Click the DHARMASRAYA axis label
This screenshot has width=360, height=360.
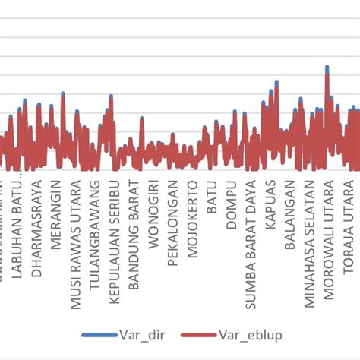(36, 226)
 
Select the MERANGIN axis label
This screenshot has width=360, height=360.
(56, 210)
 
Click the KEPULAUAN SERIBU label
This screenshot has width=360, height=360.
(115, 231)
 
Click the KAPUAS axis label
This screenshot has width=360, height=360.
(271, 201)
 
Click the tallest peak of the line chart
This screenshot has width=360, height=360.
(327, 68)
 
